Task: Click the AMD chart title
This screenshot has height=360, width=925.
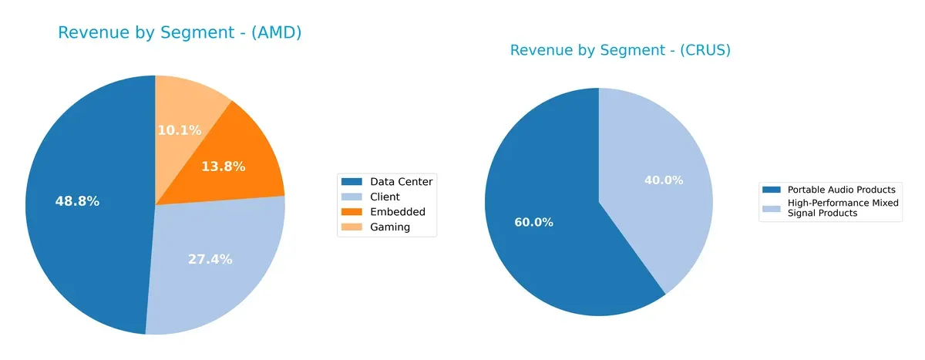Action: [180, 33]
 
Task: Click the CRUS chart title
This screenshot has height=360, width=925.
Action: [620, 51]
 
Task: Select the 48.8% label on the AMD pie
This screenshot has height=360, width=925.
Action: [77, 201]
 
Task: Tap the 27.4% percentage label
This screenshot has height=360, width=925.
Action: [210, 259]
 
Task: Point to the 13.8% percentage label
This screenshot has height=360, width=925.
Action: [223, 166]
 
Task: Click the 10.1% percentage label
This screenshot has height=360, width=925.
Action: [179, 130]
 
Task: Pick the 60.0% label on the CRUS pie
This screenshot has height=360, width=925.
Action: [534, 222]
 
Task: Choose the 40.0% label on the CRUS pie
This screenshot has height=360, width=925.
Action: [664, 180]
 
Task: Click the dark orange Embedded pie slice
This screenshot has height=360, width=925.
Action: [247, 154]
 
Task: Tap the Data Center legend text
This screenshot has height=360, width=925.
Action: [401, 182]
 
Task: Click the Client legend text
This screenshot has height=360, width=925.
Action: [385, 197]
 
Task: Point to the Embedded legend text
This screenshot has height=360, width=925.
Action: [397, 212]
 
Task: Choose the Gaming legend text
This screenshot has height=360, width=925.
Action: [390, 227]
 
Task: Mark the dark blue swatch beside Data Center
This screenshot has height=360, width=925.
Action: [351, 182]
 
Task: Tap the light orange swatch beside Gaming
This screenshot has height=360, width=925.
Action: [351, 227]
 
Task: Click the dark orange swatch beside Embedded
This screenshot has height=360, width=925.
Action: [351, 212]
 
